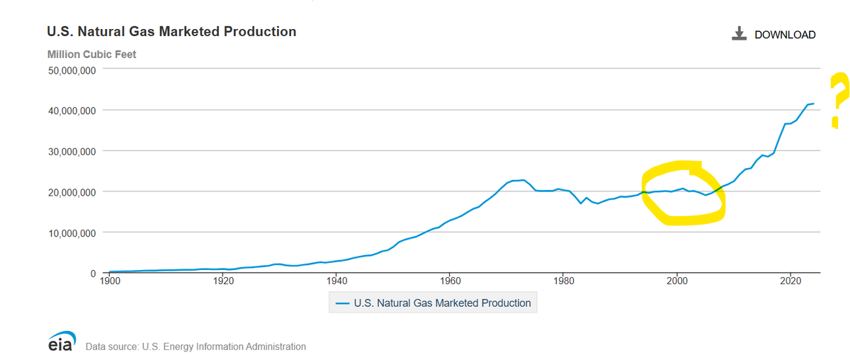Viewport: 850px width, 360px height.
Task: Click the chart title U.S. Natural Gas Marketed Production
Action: click(x=171, y=31)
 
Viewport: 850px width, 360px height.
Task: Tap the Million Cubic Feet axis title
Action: click(x=91, y=55)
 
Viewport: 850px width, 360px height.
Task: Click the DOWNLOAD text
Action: click(x=785, y=35)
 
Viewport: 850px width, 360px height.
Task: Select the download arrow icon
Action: click(x=739, y=33)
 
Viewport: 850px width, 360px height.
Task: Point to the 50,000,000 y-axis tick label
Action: click(x=72, y=71)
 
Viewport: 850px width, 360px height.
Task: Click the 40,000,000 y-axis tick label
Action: click(x=72, y=111)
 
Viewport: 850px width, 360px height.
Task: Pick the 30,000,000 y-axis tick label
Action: click(x=72, y=152)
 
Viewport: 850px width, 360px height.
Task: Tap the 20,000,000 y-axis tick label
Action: click(x=72, y=192)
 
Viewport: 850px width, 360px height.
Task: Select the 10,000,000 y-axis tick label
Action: click(x=72, y=232)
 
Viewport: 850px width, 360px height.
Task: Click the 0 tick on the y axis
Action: click(x=93, y=274)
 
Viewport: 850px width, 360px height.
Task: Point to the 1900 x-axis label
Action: click(x=110, y=281)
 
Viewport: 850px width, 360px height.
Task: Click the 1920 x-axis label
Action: click(x=223, y=281)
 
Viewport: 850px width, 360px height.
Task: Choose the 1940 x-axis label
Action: click(x=336, y=281)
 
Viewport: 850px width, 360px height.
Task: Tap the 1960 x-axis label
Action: click(x=450, y=281)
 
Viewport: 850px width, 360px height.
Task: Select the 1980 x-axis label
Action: click(x=564, y=281)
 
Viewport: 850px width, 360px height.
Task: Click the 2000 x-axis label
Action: click(x=677, y=281)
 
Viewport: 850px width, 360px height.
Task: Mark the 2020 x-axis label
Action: click(x=790, y=281)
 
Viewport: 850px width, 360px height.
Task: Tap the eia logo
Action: click(x=62, y=341)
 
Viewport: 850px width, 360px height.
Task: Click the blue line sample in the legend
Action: click(x=342, y=303)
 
